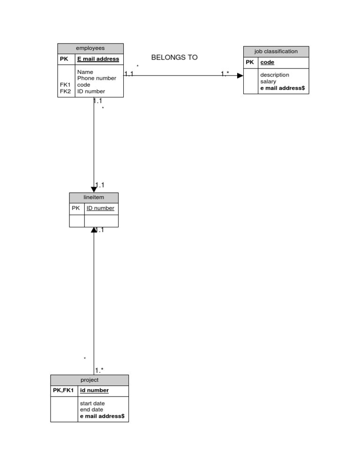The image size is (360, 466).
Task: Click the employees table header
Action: (90, 48)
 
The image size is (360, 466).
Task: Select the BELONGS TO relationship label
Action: (174, 58)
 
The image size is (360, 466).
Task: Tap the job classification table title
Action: (276, 52)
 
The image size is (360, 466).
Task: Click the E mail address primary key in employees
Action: (98, 60)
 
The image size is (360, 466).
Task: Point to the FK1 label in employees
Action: (66, 85)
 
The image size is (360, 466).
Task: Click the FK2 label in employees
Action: (66, 91)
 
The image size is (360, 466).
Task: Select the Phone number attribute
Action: (97, 78)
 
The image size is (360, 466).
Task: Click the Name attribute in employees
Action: (85, 72)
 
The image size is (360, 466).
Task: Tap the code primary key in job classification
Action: (267, 62)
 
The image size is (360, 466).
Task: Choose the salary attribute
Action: (268, 82)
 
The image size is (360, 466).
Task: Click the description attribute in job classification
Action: (275, 75)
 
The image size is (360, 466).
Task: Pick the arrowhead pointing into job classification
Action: (240, 75)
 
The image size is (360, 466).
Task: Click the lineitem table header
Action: (94, 197)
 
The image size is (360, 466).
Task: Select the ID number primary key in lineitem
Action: (100, 208)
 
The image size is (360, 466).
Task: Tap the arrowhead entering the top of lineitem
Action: (94, 189)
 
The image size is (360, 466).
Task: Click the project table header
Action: (90, 380)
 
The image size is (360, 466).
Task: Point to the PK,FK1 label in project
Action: (64, 391)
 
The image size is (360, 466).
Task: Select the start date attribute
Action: (92, 403)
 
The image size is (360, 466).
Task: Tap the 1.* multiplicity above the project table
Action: (99, 370)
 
